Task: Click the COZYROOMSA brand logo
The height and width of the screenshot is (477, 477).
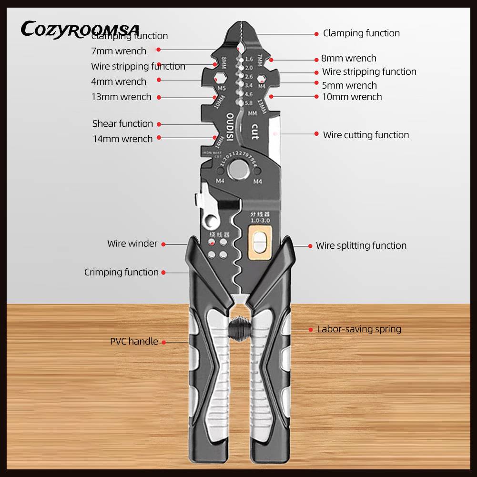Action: (80, 29)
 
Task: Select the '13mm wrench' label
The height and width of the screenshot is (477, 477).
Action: (121, 97)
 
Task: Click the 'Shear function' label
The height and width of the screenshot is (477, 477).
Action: (122, 124)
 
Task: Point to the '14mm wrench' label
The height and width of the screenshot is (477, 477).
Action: (122, 139)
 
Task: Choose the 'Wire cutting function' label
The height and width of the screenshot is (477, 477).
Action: (365, 135)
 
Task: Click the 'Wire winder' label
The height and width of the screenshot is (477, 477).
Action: (132, 244)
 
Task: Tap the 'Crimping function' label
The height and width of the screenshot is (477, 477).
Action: (121, 272)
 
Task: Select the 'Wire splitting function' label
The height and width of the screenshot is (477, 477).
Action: (361, 246)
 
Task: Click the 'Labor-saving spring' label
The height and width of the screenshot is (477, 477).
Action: (359, 329)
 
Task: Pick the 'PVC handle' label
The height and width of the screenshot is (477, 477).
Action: (134, 342)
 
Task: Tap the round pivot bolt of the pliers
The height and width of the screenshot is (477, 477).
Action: (238, 169)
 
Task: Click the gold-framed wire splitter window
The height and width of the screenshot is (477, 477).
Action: (260, 240)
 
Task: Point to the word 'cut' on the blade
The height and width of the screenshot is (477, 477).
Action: (254, 131)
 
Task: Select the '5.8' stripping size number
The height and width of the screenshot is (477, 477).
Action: (249, 103)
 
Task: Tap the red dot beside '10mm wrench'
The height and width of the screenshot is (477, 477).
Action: (316, 97)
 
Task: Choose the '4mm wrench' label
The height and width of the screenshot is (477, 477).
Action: (118, 81)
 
